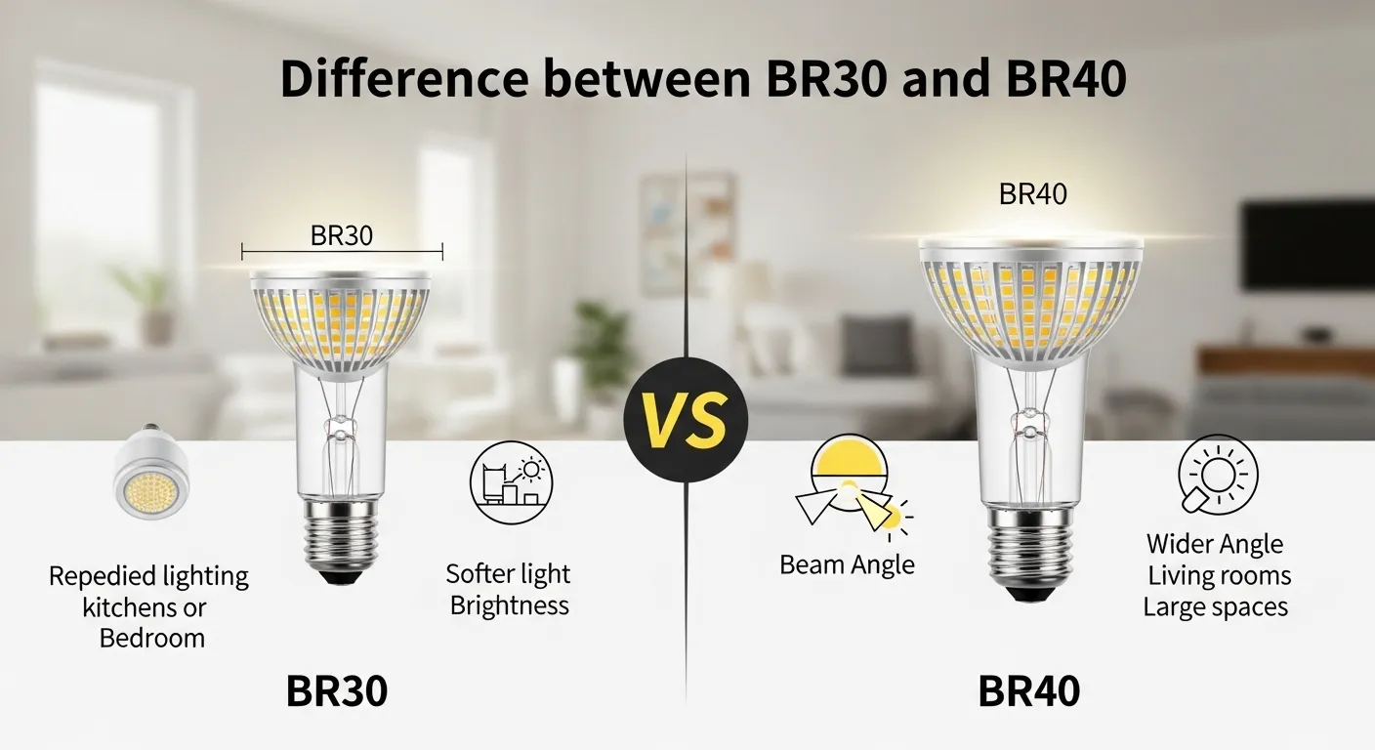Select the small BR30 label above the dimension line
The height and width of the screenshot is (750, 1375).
click(342, 235)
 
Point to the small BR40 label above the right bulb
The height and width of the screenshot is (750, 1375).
click(1032, 194)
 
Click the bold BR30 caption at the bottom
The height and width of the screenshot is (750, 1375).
click(337, 691)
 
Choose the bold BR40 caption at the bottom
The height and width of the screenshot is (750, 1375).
click(1028, 691)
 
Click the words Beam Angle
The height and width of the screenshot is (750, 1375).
click(847, 564)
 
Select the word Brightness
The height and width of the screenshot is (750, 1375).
click(509, 605)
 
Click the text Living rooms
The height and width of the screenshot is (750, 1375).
click(1219, 575)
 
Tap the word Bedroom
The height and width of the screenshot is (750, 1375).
click(152, 639)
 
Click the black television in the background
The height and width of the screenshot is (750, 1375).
click(1308, 245)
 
